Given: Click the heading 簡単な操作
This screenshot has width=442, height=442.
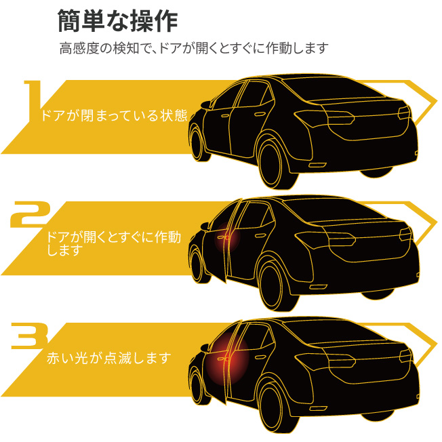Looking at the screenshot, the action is click(117, 21).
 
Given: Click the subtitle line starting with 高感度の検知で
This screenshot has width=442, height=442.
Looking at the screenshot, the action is click(194, 48).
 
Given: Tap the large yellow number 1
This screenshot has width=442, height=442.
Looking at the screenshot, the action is click(33, 101).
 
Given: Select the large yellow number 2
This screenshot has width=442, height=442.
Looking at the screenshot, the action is click(31, 214).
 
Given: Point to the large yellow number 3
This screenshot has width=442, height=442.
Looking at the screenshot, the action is click(29, 336).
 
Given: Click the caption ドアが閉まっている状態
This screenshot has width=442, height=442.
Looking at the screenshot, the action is click(114, 115).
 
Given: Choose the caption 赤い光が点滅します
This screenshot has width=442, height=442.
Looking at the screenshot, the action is click(109, 358).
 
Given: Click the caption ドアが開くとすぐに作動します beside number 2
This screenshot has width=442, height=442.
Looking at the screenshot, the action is click(114, 243).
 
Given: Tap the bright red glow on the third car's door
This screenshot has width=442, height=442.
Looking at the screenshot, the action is click(227, 359).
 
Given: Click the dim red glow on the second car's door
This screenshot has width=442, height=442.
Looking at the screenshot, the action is click(227, 237).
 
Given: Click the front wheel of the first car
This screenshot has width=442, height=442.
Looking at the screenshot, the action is click(199, 144).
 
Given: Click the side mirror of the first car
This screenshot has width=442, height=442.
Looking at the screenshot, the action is click(206, 105).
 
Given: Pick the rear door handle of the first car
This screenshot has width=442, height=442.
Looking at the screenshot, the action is click(260, 114).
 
